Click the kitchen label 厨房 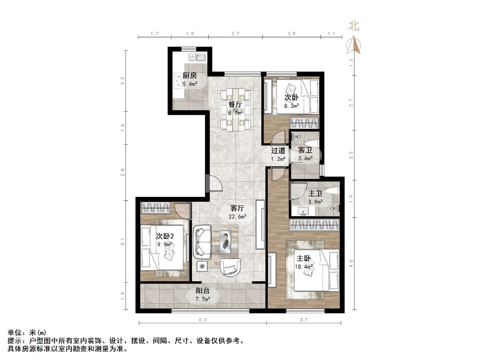click(189, 76)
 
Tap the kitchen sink click(197, 58)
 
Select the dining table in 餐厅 click(235, 109)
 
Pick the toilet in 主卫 click(332, 190)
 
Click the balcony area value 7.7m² click(202, 299)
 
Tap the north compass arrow click(353, 45)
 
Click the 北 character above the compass click(354, 26)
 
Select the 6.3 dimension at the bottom click(202, 320)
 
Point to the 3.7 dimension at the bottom click(303, 320)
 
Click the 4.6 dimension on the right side click(351, 263)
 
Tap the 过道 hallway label click(278, 151)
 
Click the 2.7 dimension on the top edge click(235, 34)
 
